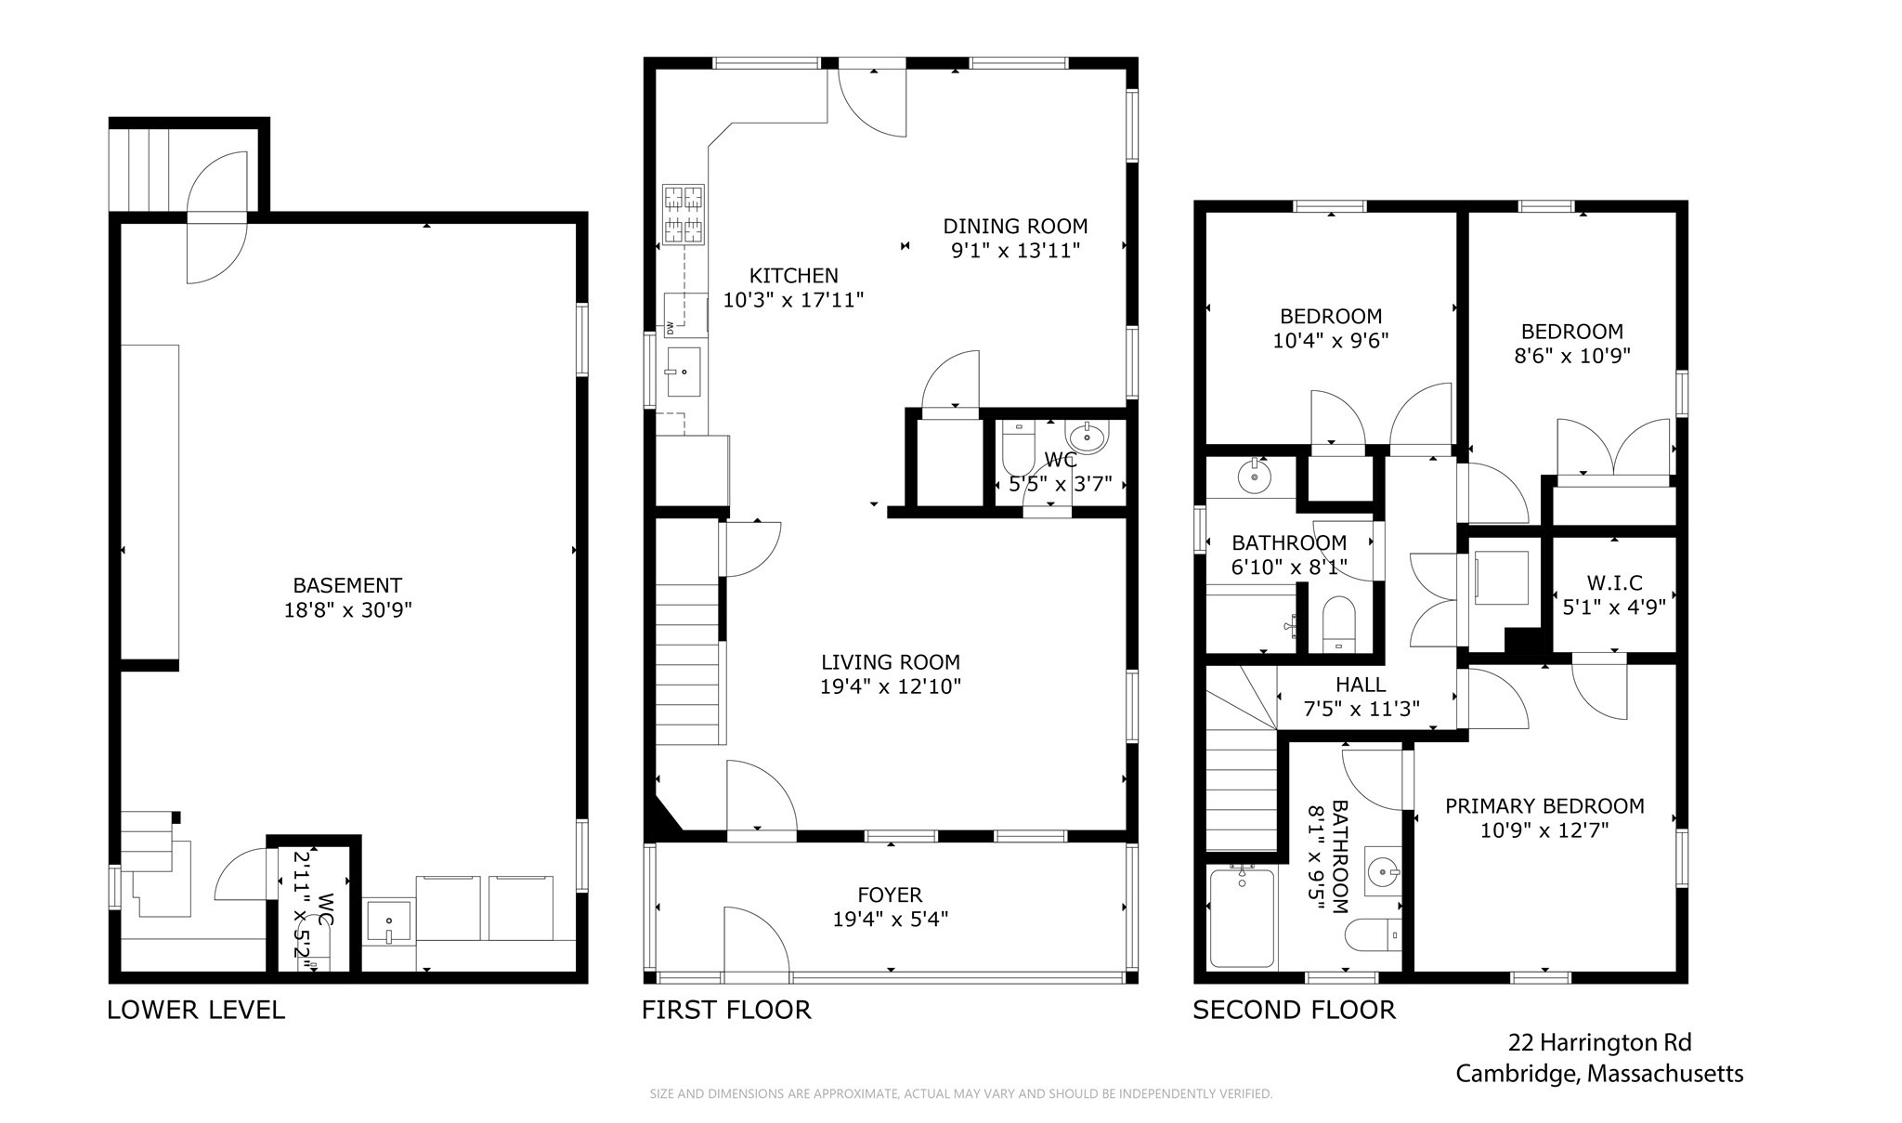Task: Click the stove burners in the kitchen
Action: pos(684,215)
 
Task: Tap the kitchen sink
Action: pos(684,372)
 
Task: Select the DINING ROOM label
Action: pos(1015,226)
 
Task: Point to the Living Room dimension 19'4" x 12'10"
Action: pos(890,686)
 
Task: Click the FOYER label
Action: pos(890,894)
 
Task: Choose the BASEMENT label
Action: pos(347,585)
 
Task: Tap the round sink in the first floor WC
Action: pos(1087,437)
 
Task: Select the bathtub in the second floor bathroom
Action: pos(1242,917)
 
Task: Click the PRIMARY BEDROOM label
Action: pos(1544,806)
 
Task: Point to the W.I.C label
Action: pos(1614,583)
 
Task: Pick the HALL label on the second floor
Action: pos(1361,685)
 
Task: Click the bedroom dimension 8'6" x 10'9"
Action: pos(1572,355)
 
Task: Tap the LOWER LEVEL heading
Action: pos(196,1010)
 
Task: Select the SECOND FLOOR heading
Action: pos(1294,1010)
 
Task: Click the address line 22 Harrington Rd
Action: pos(1599,1042)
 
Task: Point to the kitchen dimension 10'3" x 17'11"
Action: pos(794,299)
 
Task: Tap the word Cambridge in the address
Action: pos(1517,1075)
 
